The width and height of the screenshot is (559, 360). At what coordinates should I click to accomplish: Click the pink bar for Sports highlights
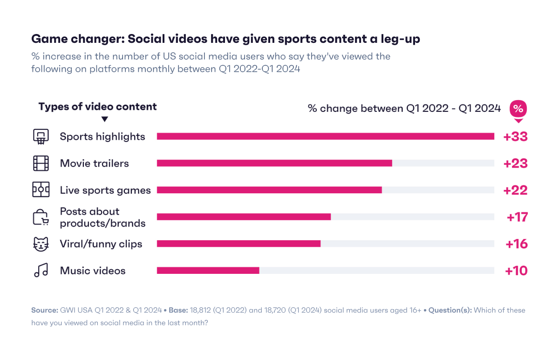pyautogui.click(x=325, y=136)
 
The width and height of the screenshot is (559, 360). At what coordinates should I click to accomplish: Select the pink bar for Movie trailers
pyautogui.click(x=274, y=163)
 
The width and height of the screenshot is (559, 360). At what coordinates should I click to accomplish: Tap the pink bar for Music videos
pyautogui.click(x=208, y=271)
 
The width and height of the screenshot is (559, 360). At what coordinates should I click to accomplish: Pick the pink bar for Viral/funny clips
pyautogui.click(x=239, y=244)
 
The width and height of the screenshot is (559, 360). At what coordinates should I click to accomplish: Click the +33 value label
pyautogui.click(x=515, y=137)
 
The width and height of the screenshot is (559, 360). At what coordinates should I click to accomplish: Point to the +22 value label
pyautogui.click(x=515, y=190)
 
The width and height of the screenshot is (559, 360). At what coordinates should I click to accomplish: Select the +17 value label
pyautogui.click(x=517, y=217)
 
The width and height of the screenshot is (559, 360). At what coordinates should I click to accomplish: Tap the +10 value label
pyautogui.click(x=516, y=271)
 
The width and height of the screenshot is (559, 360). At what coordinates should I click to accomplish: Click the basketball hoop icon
pyautogui.click(x=41, y=136)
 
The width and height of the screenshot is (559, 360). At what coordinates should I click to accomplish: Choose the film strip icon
pyautogui.click(x=41, y=163)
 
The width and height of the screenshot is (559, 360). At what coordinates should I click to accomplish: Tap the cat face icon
pyautogui.click(x=41, y=244)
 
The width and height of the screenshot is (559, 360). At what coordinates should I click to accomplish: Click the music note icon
pyautogui.click(x=41, y=271)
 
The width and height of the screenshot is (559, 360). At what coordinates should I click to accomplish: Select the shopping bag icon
pyautogui.click(x=41, y=217)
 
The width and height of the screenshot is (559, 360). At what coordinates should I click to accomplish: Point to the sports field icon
pyautogui.click(x=41, y=190)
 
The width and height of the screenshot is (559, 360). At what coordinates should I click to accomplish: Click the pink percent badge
pyautogui.click(x=518, y=109)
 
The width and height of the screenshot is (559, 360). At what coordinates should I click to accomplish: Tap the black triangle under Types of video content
pyautogui.click(x=105, y=119)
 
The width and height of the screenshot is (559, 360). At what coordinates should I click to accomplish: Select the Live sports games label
pyautogui.click(x=105, y=190)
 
